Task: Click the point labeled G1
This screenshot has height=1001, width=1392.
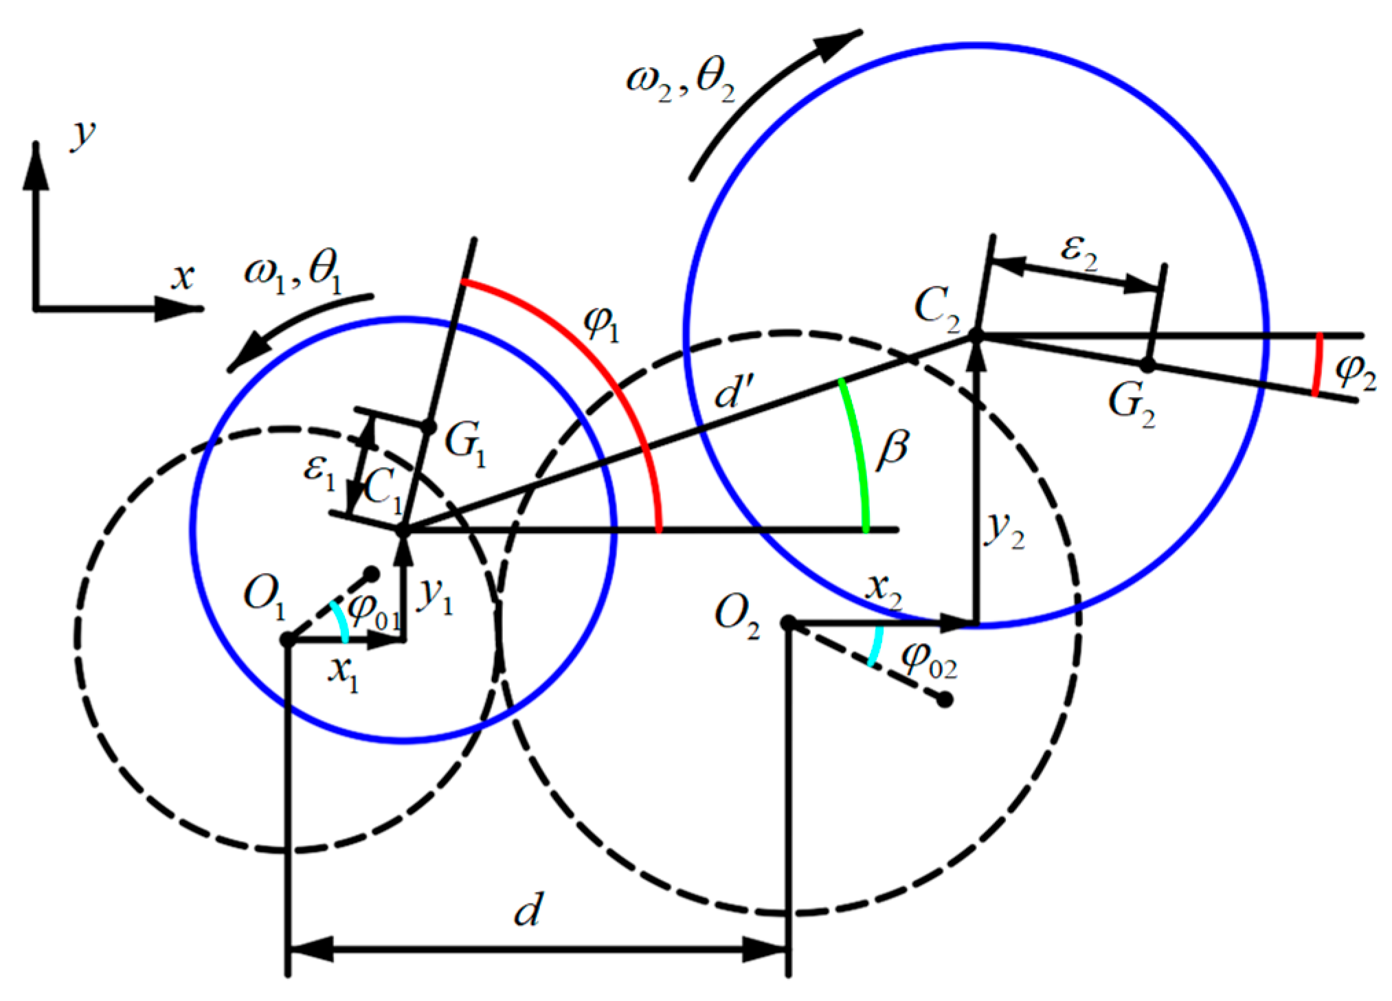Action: (428, 427)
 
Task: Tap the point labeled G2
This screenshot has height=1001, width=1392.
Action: (1147, 365)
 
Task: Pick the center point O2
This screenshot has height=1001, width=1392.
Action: (789, 623)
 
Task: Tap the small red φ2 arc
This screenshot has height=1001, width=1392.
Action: (1316, 365)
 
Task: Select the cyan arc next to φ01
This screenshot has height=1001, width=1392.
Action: (340, 622)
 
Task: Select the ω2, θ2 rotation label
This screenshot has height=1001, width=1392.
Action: (680, 85)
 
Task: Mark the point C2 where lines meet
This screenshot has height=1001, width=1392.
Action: (975, 335)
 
